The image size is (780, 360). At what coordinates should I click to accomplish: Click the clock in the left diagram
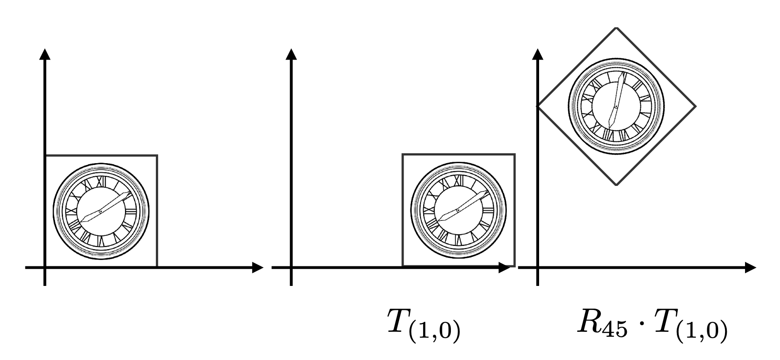click(101, 211)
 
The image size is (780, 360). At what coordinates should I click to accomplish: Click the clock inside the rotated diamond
click(616, 106)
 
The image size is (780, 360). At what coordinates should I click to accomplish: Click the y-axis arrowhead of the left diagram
click(45, 54)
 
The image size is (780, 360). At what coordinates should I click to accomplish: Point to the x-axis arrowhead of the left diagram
click(258, 267)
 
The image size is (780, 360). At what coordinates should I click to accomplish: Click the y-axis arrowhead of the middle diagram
click(291, 54)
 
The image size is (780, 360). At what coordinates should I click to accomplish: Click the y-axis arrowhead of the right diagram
click(538, 54)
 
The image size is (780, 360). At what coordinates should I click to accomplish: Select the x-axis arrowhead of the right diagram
click(750, 267)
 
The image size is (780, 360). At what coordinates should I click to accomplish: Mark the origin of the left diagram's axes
click(45, 267)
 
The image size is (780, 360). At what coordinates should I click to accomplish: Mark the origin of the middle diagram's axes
click(291, 267)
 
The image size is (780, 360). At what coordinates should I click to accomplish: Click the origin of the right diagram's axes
click(538, 267)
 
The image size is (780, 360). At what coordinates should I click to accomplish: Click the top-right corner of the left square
click(157, 155)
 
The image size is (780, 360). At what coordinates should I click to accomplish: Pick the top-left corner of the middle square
click(403, 155)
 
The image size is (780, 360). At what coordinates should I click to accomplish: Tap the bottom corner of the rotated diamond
click(616, 185)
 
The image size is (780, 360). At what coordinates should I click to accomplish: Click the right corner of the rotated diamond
click(695, 106)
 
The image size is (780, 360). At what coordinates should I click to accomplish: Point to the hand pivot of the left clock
click(100, 211)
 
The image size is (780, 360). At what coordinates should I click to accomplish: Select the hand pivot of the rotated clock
click(615, 106)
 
